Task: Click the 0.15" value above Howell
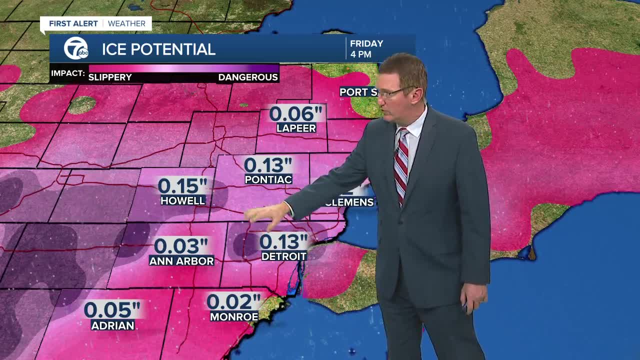(182, 186)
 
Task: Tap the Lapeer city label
(296, 128)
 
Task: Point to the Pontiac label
(268, 179)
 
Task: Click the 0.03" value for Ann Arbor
(181, 246)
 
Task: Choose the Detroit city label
(284, 256)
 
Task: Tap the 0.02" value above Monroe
(233, 301)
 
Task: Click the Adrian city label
(113, 325)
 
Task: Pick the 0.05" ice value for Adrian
(112, 309)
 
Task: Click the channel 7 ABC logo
(76, 49)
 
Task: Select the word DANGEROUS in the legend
(248, 77)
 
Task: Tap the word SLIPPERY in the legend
(110, 77)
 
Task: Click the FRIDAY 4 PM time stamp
(366, 49)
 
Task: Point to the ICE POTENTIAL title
(158, 49)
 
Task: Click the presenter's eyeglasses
(395, 92)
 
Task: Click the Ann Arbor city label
(181, 261)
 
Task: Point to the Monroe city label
(234, 316)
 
